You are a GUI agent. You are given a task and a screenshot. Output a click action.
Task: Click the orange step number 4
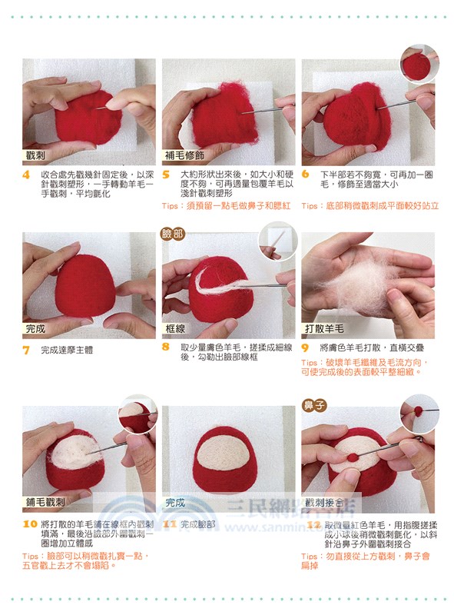click(26, 175)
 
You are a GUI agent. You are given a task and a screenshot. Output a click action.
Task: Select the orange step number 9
click(305, 347)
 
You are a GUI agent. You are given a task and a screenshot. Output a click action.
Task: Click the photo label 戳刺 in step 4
click(36, 155)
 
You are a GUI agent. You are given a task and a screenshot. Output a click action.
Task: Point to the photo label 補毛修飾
click(184, 155)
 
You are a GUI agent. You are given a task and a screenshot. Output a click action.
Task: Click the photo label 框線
click(176, 328)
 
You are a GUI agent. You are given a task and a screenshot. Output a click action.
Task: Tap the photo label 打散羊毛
click(324, 328)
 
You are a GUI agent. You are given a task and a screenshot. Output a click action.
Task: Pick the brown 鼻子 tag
click(315, 404)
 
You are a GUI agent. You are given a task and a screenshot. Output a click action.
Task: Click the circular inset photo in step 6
click(418, 64)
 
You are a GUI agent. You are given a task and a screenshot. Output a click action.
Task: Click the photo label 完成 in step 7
click(36, 328)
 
